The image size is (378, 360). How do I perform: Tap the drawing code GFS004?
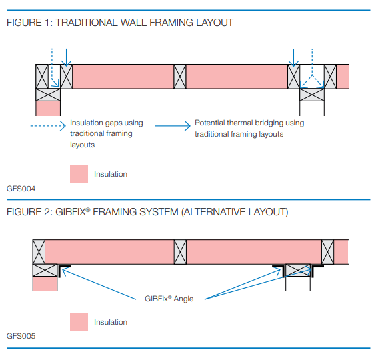21,189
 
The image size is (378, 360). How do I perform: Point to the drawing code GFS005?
21,337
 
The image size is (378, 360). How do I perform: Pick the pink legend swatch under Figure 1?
79,174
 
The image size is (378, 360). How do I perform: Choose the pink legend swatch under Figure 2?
79,322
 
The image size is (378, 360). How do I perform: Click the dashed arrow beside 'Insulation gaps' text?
48,124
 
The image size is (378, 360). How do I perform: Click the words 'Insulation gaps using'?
107,123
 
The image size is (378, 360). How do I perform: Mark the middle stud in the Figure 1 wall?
180,77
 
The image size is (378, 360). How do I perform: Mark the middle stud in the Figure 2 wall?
180,252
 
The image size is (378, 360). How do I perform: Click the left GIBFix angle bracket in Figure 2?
63,269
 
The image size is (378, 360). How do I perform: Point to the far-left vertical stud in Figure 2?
39,252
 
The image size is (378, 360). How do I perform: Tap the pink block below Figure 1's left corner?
47,108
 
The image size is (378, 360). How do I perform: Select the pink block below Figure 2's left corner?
45,284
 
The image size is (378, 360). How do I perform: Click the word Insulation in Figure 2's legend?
111,322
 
